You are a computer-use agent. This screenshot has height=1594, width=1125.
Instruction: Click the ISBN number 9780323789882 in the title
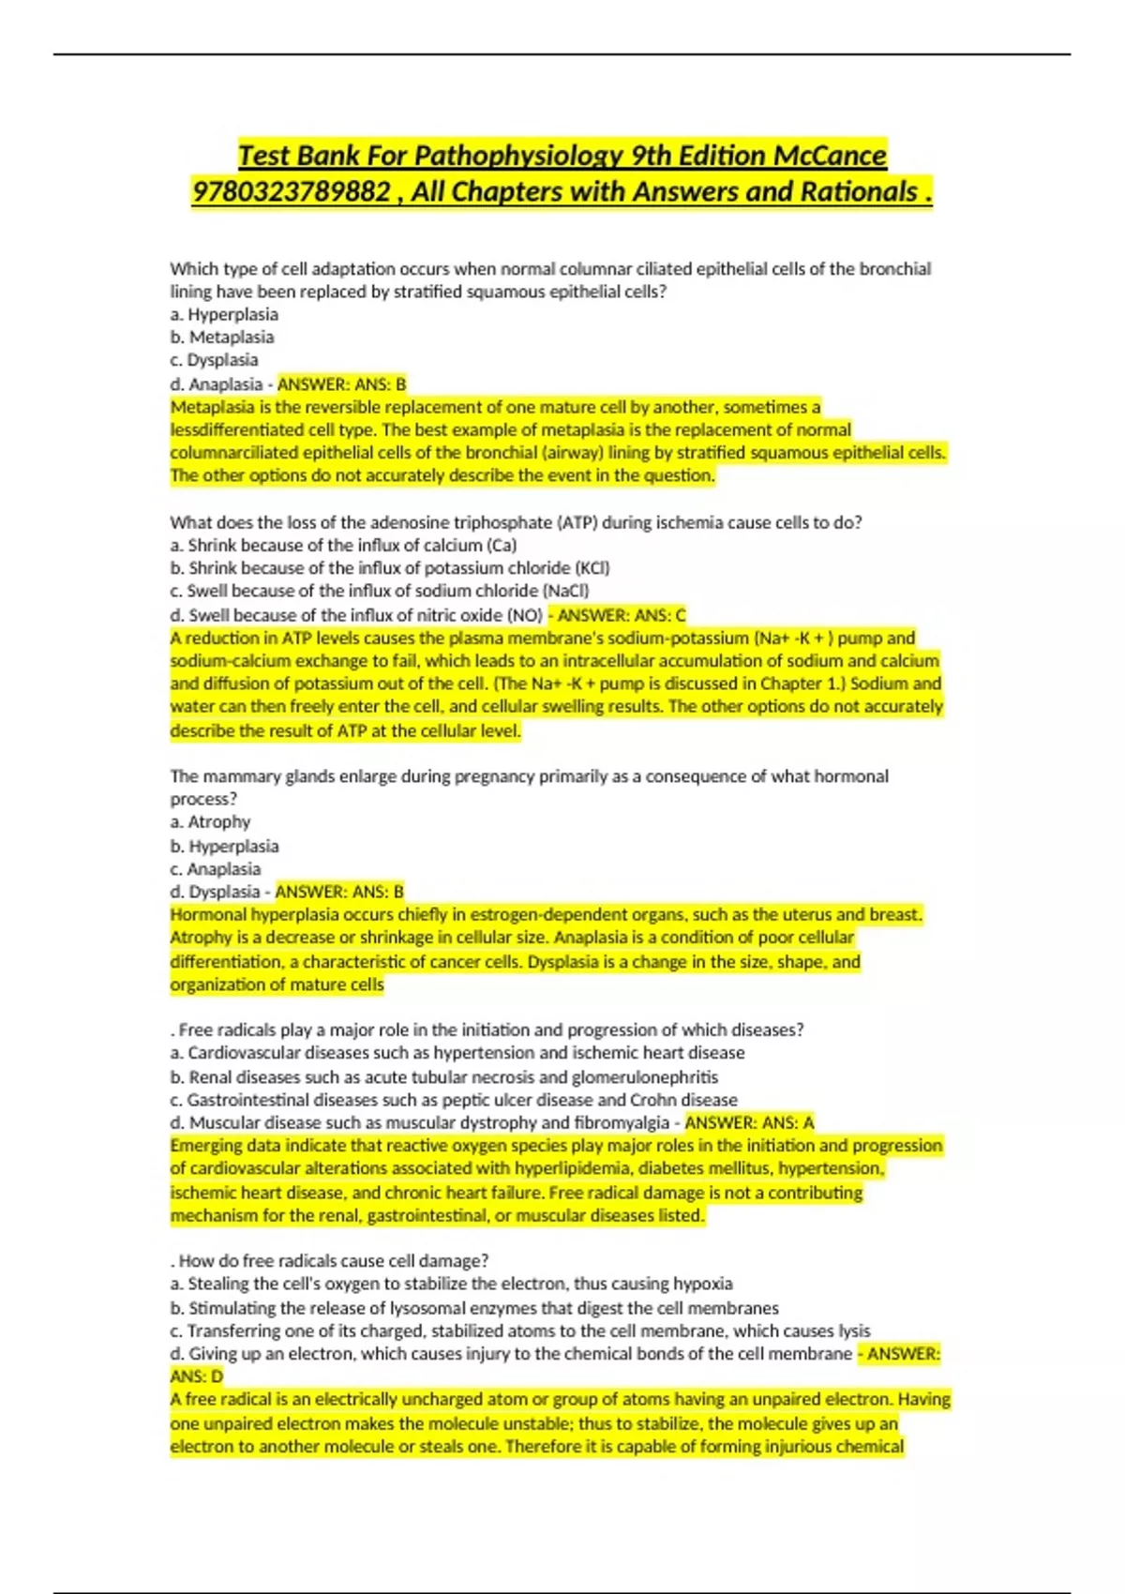(x=292, y=192)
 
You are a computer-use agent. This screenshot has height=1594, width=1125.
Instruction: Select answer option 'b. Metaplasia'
(x=222, y=338)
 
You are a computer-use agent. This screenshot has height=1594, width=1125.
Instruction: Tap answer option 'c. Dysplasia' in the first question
(x=214, y=360)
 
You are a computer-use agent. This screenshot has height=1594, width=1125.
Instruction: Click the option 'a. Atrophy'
(x=210, y=822)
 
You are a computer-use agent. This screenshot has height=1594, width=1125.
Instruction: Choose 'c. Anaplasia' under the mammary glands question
(x=216, y=869)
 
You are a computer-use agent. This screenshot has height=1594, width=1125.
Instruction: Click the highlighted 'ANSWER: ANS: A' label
(x=749, y=1122)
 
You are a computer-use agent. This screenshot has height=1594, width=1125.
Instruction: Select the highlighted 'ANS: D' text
(x=197, y=1376)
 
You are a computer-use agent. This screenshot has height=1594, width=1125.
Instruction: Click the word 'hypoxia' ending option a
(x=704, y=1284)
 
